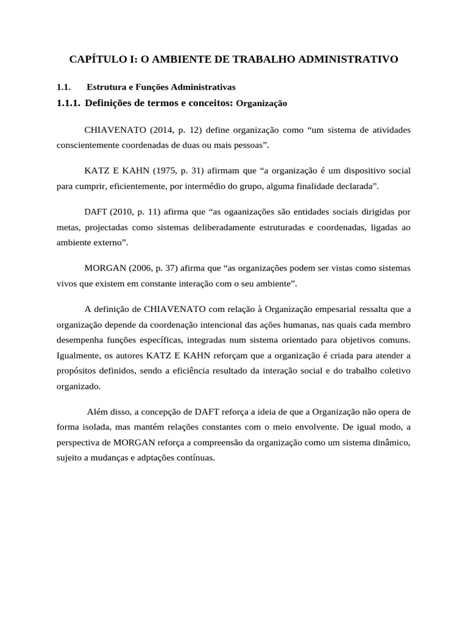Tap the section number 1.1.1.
68,104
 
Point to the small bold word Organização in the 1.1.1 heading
261,104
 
